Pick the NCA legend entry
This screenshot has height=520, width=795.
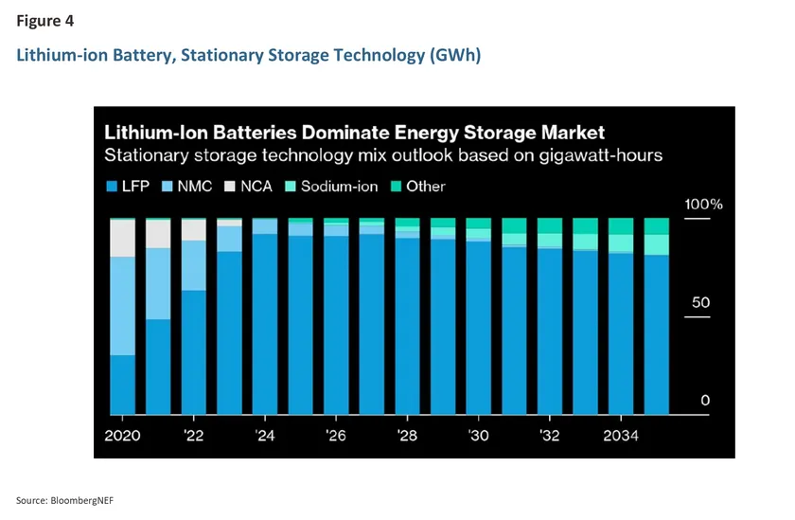point(248,186)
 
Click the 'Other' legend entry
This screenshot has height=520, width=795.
point(416,186)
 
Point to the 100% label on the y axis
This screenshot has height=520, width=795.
point(702,204)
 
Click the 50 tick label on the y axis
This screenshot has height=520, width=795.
point(699,303)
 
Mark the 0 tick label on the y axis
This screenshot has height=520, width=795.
point(704,401)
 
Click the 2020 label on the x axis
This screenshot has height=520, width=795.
point(122,436)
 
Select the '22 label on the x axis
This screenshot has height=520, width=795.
point(193,436)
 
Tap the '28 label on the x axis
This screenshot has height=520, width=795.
point(407,436)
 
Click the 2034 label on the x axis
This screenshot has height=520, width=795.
point(620,436)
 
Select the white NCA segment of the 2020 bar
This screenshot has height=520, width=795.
point(122,238)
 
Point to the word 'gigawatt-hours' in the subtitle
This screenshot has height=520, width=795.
point(610,155)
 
